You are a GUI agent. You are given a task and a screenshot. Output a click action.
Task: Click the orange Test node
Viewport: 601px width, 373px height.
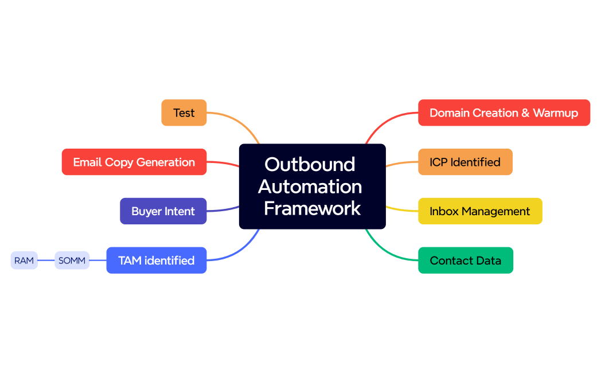point(184,112)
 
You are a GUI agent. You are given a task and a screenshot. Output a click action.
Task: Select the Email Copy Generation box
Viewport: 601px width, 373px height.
point(134,162)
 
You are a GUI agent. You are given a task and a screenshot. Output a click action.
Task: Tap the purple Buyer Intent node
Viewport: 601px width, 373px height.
point(163,211)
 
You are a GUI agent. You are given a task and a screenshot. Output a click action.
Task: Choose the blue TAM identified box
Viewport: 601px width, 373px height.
point(156,261)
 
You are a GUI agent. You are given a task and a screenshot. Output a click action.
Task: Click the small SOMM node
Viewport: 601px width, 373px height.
point(72,261)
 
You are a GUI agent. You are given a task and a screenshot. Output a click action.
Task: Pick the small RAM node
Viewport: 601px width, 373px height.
point(24,261)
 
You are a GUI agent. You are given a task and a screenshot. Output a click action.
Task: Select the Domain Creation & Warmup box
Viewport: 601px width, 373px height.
point(504,112)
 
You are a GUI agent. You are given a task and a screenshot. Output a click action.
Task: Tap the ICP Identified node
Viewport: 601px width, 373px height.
point(465,162)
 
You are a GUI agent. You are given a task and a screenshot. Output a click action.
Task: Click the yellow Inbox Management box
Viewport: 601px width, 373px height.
point(479,211)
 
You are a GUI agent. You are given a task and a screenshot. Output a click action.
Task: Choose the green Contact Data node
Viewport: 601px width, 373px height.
point(465,261)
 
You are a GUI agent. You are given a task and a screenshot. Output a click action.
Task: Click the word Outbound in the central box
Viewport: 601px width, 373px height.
point(310,164)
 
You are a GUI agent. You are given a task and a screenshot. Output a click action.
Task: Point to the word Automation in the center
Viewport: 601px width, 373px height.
point(310,187)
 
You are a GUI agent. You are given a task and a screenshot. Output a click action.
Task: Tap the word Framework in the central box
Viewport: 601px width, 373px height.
point(312,208)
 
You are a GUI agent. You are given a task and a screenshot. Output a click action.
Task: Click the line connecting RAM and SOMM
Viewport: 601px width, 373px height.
point(46,261)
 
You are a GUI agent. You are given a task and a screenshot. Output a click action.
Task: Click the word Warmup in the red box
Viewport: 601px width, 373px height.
point(555,112)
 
